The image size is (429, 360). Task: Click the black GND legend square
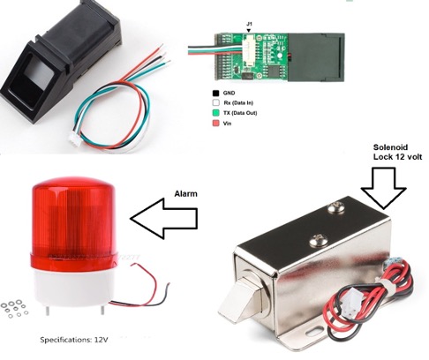(x=215, y=93)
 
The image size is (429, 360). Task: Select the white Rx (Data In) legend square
(x=215, y=102)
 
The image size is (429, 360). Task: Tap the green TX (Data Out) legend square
(x=215, y=113)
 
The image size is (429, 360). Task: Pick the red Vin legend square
(x=215, y=123)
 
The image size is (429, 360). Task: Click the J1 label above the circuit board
(x=249, y=24)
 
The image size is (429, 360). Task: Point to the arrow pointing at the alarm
(x=163, y=218)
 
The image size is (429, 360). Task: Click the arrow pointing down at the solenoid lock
(x=384, y=188)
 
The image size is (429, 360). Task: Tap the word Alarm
(x=185, y=194)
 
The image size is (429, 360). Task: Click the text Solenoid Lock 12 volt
(x=397, y=152)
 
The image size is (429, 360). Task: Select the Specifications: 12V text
(x=74, y=340)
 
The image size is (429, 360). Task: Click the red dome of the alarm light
(x=74, y=215)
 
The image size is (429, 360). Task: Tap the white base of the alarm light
(x=73, y=289)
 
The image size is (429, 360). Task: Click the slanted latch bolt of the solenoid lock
(x=240, y=300)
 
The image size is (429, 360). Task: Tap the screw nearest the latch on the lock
(x=317, y=241)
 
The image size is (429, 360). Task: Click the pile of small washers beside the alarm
(x=15, y=309)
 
